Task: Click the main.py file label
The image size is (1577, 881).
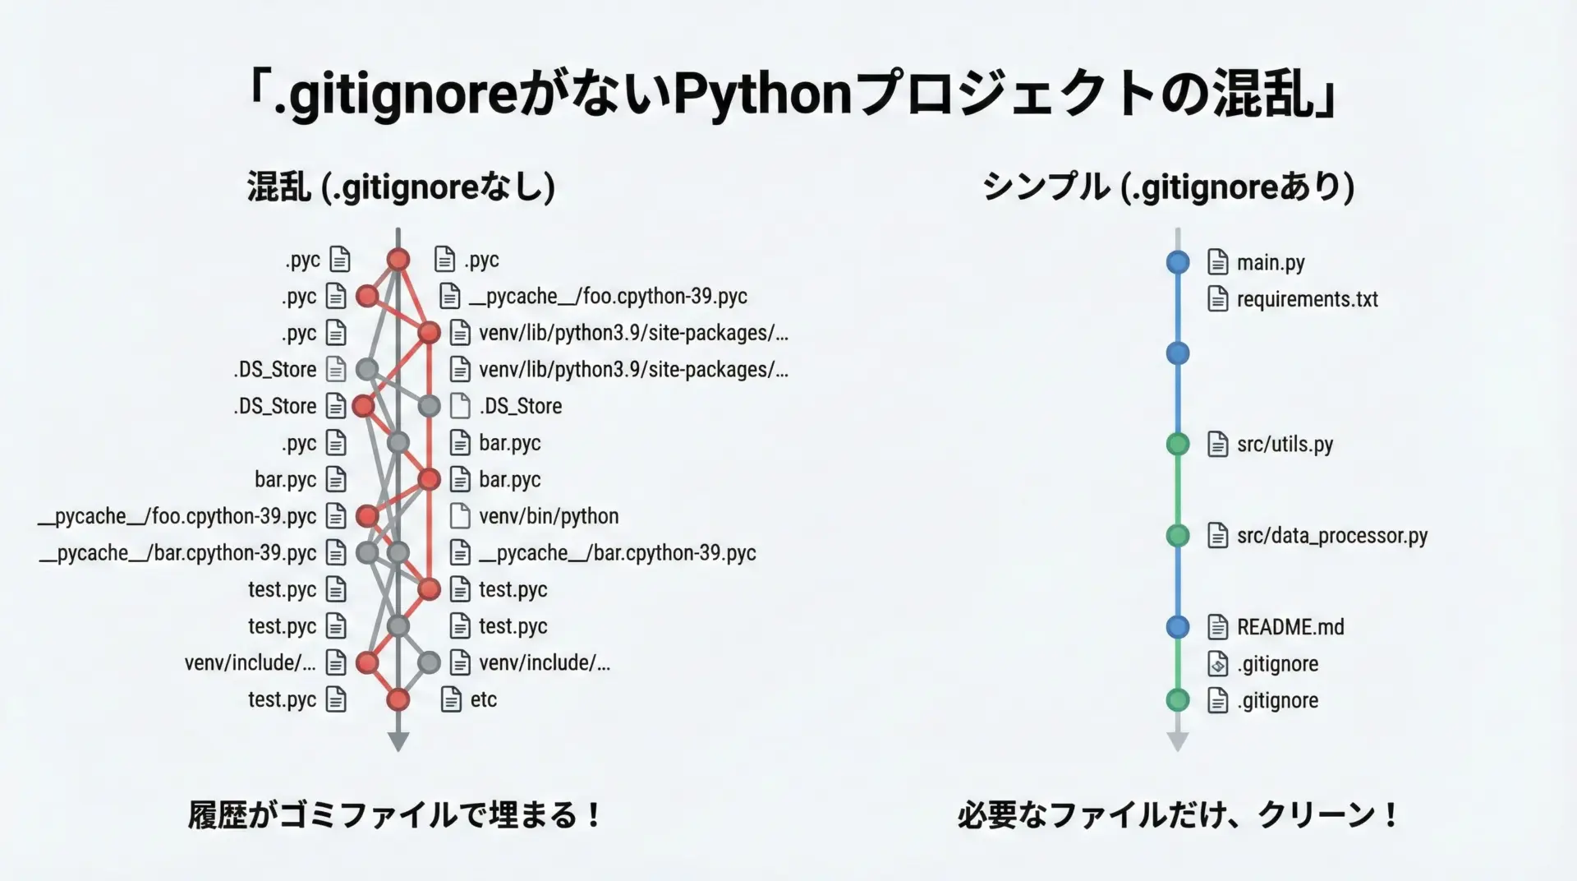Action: coord(1271,263)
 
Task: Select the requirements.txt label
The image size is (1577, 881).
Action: coord(1307,299)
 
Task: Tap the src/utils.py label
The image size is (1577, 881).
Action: coord(1285,445)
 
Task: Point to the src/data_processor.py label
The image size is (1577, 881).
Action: coord(1331,536)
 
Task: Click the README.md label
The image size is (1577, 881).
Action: coord(1290,627)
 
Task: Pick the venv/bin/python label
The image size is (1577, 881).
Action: coord(549,516)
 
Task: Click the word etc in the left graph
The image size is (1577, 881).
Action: coord(483,699)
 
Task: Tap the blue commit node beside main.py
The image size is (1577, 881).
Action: coord(1178,263)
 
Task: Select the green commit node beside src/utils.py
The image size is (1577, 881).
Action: coord(1178,445)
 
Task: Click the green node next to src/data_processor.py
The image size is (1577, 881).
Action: coord(1178,536)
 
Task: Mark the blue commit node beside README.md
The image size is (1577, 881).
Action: coord(1178,627)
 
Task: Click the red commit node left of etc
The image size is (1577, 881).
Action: coord(398,699)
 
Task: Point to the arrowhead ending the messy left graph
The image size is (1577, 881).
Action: coord(398,741)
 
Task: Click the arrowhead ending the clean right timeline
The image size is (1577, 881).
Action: coord(1178,741)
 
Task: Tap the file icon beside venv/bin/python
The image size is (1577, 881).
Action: coord(460,516)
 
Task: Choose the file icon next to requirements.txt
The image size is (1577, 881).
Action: coord(1218,299)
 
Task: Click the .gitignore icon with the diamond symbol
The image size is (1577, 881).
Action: coord(1218,664)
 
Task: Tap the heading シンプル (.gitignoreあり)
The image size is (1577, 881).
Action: coord(1168,187)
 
